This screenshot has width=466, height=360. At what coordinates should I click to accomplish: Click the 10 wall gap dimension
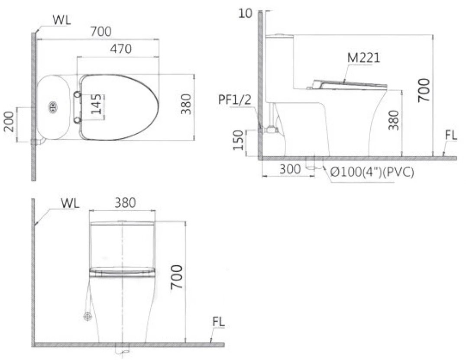[245, 13]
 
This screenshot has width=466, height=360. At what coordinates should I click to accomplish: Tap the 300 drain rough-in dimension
[289, 169]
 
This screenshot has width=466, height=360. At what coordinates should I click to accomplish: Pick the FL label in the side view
[450, 135]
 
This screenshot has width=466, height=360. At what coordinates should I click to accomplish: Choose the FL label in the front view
[219, 322]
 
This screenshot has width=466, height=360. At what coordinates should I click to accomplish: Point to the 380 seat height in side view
[394, 120]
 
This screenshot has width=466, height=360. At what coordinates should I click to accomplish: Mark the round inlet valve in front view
[88, 317]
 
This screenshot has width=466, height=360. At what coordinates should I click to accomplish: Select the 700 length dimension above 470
[101, 32]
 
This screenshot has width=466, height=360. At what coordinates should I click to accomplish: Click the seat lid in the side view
[351, 84]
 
